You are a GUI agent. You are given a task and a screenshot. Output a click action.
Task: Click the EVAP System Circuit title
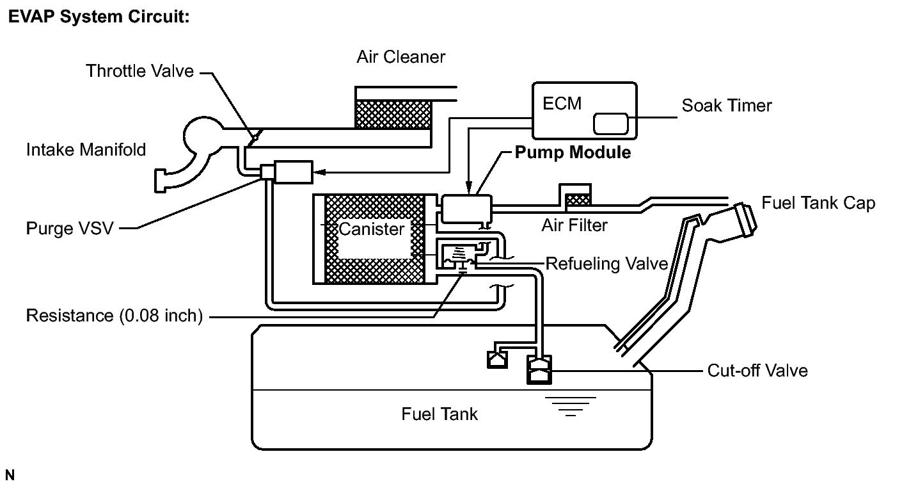pos(99,17)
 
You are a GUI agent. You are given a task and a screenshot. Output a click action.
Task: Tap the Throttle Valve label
pos(139,71)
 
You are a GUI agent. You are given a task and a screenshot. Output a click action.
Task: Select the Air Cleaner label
pos(400,57)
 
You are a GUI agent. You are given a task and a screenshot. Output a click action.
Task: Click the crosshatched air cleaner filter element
pos(393,115)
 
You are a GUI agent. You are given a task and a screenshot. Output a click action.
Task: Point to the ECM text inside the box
pos(562,104)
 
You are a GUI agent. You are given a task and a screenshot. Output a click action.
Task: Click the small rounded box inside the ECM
pos(610,124)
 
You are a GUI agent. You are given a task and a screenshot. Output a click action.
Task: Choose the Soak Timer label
pos(726,106)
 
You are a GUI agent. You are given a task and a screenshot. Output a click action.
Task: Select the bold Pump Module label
pos(573,152)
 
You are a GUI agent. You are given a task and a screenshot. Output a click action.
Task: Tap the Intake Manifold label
pos(86,150)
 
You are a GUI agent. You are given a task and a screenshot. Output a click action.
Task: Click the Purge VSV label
pos(70,229)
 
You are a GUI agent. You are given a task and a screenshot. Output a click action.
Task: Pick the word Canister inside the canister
pos(371,229)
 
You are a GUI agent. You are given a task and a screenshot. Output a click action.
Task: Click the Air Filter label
pos(574,225)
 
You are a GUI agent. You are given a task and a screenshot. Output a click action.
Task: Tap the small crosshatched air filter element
pos(578,200)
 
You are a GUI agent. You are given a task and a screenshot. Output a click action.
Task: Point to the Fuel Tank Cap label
pos(818,203)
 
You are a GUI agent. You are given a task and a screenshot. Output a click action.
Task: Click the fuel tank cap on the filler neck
pos(745,219)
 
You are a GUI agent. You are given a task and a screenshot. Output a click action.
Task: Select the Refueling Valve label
pos(606,264)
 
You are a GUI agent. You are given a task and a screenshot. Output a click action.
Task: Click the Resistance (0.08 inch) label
pos(115,316)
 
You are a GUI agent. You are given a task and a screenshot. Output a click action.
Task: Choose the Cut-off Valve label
pos(757,371)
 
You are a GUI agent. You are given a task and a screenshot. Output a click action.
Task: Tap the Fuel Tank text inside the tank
pos(440,414)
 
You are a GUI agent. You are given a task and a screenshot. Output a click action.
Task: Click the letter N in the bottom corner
pos(10,475)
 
